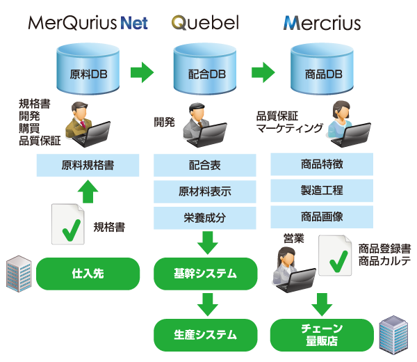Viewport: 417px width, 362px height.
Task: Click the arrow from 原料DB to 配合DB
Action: click(x=143, y=72)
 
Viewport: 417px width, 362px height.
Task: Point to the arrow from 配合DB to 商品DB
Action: click(x=263, y=72)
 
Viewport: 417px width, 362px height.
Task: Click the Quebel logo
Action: click(x=206, y=23)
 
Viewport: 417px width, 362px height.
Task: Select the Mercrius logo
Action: click(x=322, y=23)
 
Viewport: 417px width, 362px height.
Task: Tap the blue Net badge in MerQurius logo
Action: click(x=135, y=22)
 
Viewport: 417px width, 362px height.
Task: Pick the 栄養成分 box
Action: click(x=205, y=218)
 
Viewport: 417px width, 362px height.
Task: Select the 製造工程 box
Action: click(x=322, y=190)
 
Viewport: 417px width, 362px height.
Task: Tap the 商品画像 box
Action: click(x=322, y=217)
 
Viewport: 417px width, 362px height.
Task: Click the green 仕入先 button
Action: click(x=88, y=274)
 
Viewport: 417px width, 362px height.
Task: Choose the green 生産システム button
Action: click(x=205, y=334)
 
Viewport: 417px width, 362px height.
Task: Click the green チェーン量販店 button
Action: click(x=322, y=334)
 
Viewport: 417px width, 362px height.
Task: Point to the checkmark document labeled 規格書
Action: click(x=69, y=224)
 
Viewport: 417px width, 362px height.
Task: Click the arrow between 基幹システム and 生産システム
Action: click(x=206, y=305)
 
